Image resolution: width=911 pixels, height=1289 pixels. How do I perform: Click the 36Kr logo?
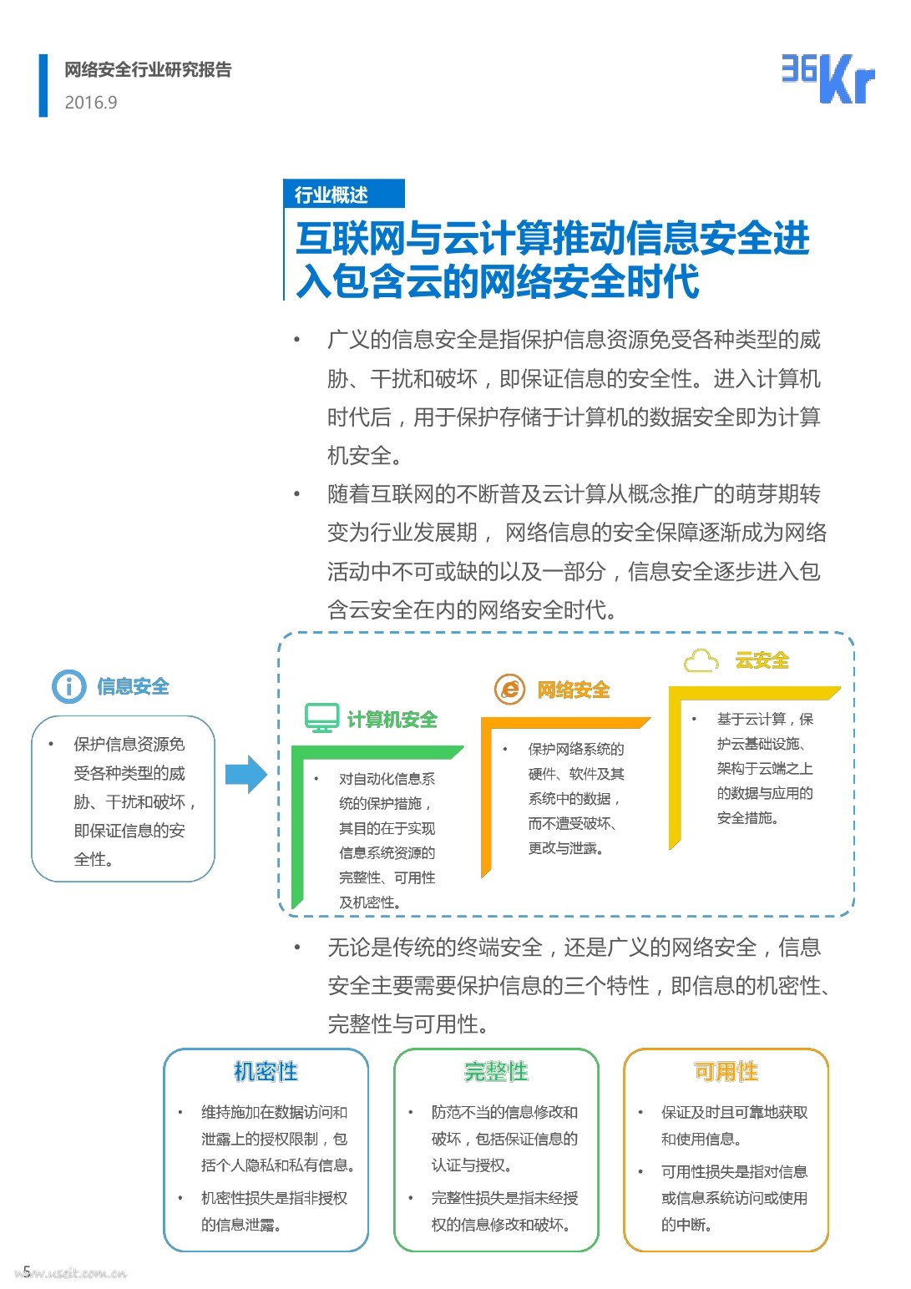point(827,79)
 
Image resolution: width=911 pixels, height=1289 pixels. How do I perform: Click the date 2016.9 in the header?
point(91,103)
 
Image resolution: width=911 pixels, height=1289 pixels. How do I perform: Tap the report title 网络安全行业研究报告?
point(148,70)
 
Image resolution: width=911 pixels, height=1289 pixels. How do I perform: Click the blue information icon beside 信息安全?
point(68,686)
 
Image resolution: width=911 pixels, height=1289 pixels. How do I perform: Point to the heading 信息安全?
point(133,686)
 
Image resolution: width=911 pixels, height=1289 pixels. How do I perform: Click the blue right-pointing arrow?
point(245,774)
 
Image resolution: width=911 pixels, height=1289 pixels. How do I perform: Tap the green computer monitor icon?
point(321,718)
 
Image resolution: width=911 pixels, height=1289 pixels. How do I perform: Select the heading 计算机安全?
point(392,720)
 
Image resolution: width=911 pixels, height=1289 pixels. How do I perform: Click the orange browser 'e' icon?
point(510,689)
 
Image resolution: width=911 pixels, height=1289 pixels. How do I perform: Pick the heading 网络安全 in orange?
point(573,690)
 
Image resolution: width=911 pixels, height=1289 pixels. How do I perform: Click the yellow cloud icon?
point(701,661)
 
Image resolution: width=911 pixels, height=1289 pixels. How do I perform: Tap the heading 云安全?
point(762,661)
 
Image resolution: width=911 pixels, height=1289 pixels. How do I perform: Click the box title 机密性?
point(266,1071)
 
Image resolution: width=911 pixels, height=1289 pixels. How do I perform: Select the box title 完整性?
point(496,1071)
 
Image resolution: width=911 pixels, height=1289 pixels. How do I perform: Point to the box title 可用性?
point(726,1071)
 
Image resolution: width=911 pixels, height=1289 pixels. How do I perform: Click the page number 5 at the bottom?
point(27,1271)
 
